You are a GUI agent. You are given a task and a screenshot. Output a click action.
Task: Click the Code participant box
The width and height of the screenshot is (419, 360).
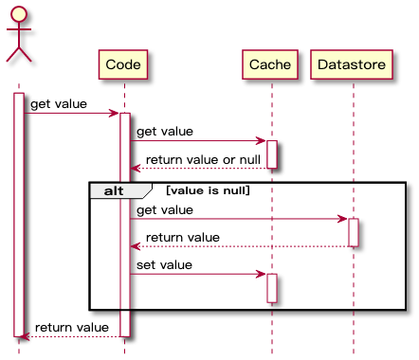tap(124, 64)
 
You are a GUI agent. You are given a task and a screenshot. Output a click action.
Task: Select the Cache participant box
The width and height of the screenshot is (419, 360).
tap(271, 64)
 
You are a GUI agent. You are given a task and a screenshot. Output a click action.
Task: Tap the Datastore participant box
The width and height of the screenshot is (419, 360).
tap(353, 64)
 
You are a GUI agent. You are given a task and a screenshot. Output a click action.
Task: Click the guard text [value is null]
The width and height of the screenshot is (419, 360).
tap(208, 190)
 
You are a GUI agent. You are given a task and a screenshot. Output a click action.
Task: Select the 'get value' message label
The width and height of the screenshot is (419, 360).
tap(164, 208)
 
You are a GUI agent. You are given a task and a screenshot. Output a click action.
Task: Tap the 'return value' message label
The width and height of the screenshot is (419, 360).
tap(182, 237)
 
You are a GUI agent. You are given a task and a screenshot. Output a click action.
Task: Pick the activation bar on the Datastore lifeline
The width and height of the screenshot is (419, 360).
tap(353, 232)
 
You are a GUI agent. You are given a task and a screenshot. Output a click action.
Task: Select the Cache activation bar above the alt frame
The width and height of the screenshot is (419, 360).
tap(271, 154)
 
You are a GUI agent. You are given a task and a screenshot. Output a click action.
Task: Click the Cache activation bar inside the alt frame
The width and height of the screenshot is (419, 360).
tap(271, 288)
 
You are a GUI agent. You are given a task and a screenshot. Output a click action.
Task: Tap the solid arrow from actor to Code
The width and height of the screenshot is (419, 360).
tap(71, 114)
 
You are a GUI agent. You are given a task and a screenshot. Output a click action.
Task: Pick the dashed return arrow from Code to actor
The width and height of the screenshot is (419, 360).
tap(71, 336)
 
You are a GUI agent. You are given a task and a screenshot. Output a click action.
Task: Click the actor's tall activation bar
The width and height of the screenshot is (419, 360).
tap(19, 213)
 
